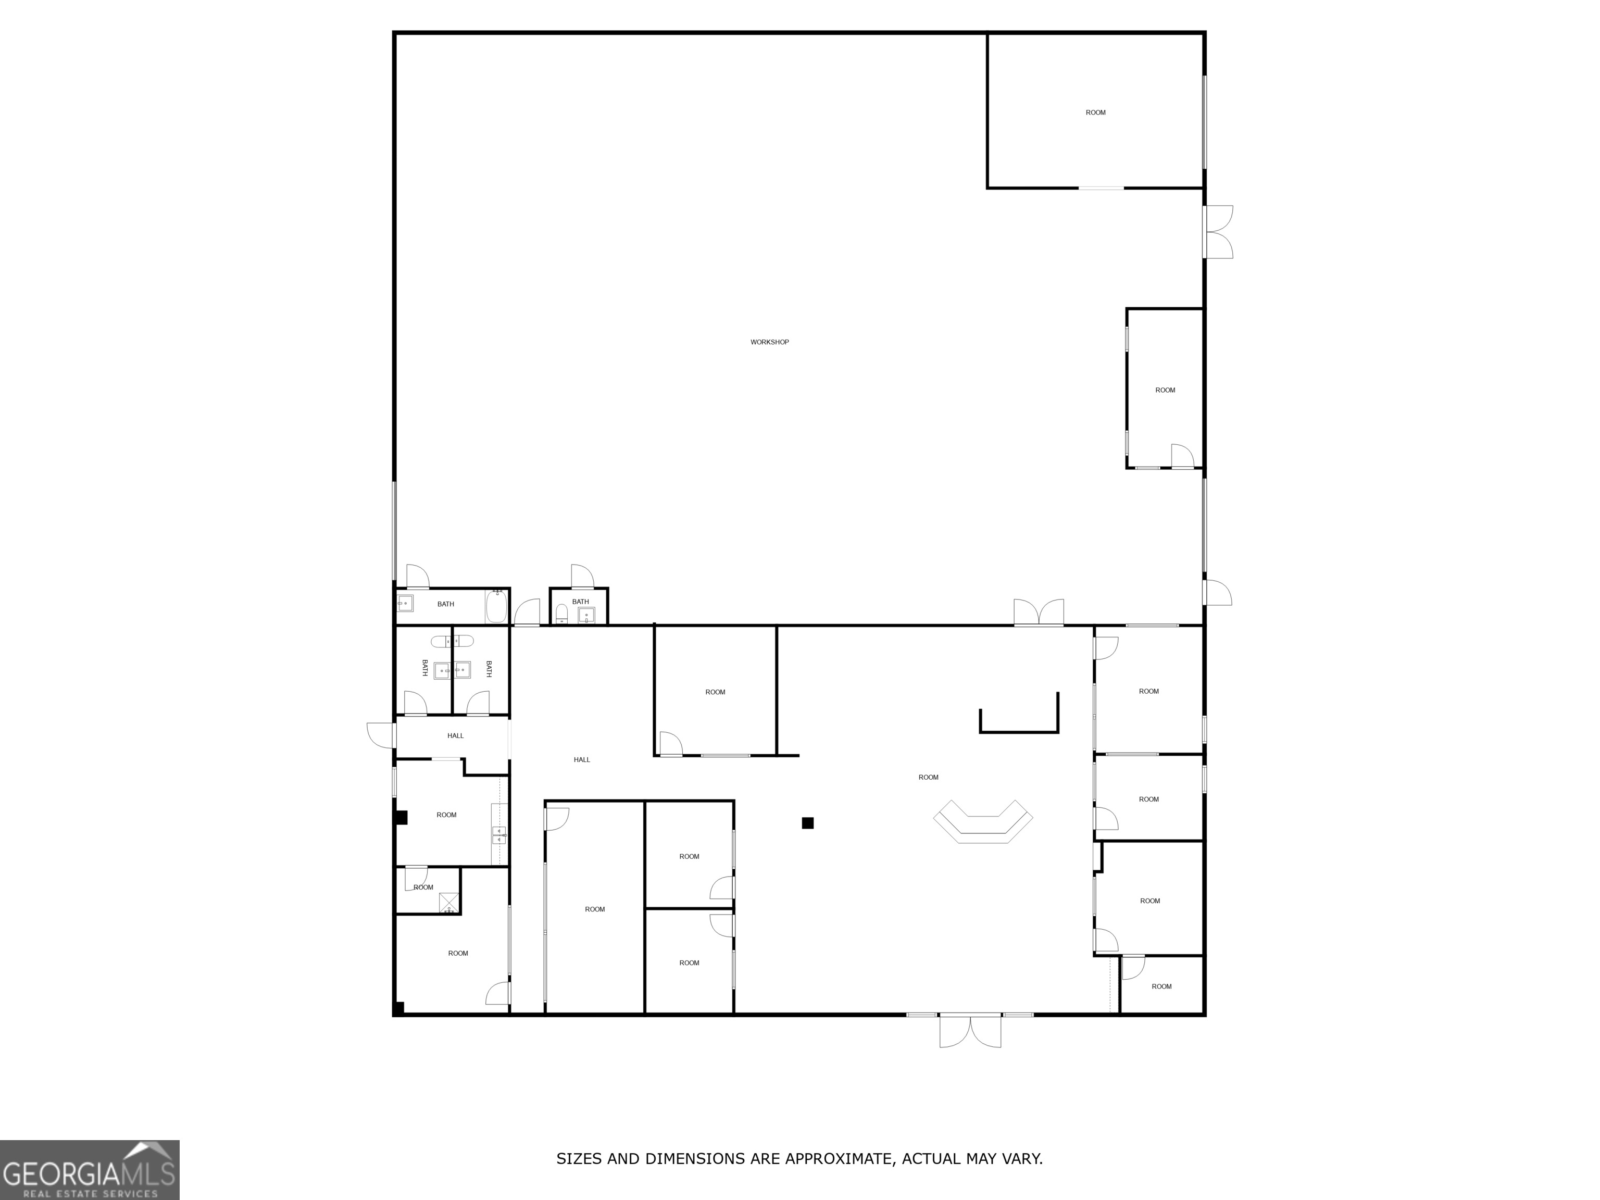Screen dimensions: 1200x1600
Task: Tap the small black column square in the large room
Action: coord(807,822)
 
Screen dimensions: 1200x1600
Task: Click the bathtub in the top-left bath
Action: coord(496,607)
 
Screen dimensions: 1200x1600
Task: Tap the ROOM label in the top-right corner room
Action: coord(1095,113)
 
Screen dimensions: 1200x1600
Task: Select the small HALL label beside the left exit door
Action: coord(455,735)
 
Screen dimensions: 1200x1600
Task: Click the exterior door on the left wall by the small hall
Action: coord(381,735)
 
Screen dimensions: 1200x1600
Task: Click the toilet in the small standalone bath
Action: coord(561,614)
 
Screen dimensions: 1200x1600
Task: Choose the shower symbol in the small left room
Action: coord(449,903)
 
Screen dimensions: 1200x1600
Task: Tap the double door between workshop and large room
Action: coord(1039,612)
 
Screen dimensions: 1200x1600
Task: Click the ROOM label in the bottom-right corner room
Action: coord(1161,986)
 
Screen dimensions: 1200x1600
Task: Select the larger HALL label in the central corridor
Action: coord(582,759)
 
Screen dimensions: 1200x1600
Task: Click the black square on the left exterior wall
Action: coord(401,817)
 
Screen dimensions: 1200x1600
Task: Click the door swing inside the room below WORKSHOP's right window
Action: coord(1182,456)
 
